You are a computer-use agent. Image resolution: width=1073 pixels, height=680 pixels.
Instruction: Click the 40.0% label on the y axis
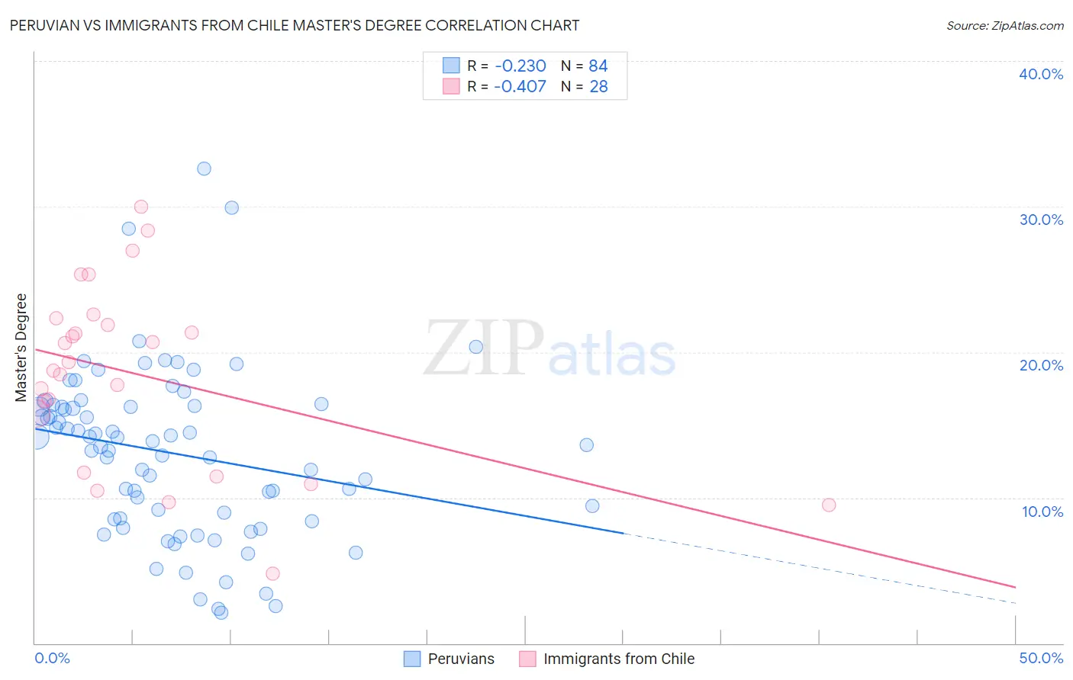pos(1041,74)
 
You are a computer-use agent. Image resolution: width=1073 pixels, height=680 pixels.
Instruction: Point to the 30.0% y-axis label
pos(1041,220)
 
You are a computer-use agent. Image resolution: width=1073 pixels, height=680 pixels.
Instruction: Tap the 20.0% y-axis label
pos(1041,365)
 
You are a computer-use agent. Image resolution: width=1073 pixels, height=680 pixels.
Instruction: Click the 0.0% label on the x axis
pos(52,658)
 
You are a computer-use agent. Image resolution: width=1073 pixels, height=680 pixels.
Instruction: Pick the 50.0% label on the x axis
pos(1041,658)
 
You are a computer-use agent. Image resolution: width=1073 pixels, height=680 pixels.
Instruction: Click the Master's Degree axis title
pos(21,348)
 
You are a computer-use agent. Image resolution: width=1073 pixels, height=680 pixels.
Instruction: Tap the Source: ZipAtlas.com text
pos(1004,25)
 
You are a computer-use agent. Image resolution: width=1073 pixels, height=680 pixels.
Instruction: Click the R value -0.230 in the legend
pos(520,66)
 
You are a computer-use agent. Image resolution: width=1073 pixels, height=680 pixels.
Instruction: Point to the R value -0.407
pos(520,87)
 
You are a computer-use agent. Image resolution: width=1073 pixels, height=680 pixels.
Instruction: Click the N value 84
pos(598,66)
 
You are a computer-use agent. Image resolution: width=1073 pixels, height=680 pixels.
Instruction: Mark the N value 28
pos(598,87)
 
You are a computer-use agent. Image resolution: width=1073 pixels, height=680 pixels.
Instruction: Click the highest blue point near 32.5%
pos(204,168)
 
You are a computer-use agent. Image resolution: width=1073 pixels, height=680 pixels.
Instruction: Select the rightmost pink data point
pos(829,505)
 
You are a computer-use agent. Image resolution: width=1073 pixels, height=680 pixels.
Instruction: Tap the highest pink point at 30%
pos(141,207)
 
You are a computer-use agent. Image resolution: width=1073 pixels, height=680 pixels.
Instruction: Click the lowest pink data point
pos(272,573)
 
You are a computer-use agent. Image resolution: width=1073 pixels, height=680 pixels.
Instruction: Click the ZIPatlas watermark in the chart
pos(549,349)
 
